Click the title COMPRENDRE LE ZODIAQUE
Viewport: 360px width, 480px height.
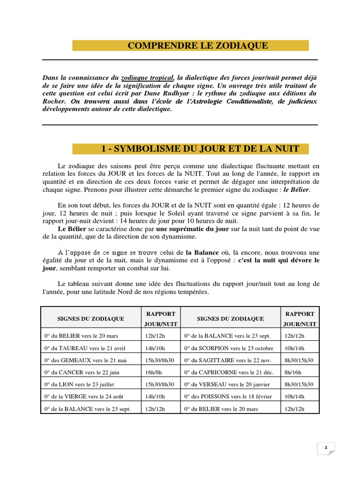[198, 45]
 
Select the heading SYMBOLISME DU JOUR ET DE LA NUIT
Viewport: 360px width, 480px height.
[200, 149]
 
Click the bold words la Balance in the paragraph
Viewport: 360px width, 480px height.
[202, 253]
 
